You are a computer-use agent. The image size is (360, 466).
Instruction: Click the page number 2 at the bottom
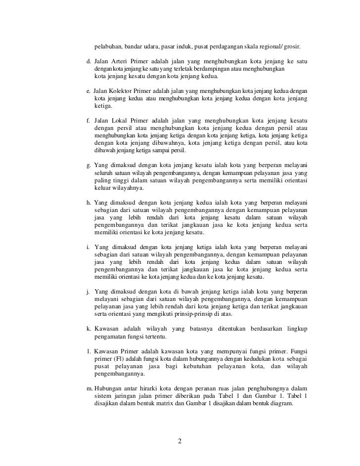pos(180,441)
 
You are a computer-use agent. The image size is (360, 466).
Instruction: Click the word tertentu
pos(152,337)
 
